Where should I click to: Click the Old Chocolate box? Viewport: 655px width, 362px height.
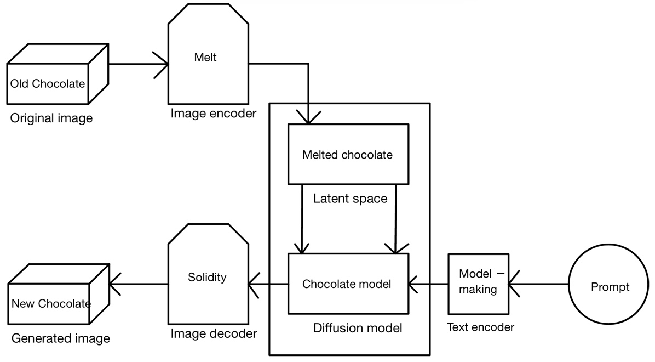[48, 83]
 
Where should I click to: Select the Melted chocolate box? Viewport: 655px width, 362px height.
[348, 154]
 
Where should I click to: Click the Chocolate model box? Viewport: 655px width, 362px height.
[347, 284]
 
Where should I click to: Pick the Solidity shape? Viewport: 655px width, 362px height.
[207, 277]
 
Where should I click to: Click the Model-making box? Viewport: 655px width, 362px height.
[478, 281]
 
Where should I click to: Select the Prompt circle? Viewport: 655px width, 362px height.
[610, 287]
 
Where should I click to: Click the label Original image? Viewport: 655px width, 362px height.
[51, 118]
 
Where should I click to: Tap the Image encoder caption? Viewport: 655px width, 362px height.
[213, 114]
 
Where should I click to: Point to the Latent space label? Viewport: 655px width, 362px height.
[350, 199]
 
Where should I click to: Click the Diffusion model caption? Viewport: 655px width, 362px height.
[358, 328]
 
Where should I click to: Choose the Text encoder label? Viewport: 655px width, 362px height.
[481, 327]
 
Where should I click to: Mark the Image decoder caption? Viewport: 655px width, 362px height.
[214, 333]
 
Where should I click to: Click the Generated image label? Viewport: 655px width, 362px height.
[60, 338]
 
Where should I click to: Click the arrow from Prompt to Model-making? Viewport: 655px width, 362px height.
[539, 284]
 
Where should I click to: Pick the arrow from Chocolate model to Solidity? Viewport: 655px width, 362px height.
[268, 284]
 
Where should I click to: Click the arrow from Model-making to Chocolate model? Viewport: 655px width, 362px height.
[428, 284]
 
